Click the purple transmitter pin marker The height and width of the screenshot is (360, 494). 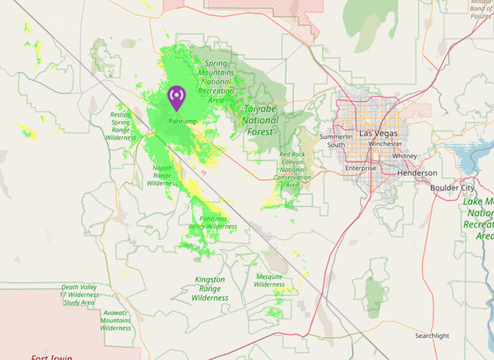pyautogui.click(x=177, y=97)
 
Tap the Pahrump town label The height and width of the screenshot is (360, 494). pyautogui.click(x=183, y=121)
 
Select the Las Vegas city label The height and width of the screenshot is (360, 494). pyautogui.click(x=378, y=133)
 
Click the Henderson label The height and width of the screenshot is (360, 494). pyautogui.click(x=417, y=173)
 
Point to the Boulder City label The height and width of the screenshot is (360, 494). pyautogui.click(x=452, y=188)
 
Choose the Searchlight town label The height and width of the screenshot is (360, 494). pyautogui.click(x=432, y=336)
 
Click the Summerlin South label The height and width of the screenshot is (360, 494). pyautogui.click(x=336, y=140)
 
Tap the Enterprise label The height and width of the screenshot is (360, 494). pyautogui.click(x=360, y=168)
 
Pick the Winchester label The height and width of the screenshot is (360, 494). pyautogui.click(x=385, y=144)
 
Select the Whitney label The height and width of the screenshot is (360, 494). pyautogui.click(x=404, y=156)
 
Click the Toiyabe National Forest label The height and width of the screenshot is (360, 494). pyautogui.click(x=260, y=120)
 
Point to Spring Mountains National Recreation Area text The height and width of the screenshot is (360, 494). pyautogui.click(x=216, y=81)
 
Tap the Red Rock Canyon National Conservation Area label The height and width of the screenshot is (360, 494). pyautogui.click(x=292, y=169)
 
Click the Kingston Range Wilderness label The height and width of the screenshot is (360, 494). pyautogui.click(x=210, y=289)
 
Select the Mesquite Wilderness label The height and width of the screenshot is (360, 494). pyautogui.click(x=269, y=280)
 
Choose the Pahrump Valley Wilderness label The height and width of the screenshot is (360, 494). pyautogui.click(x=213, y=223)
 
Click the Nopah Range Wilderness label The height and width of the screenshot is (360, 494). pyautogui.click(x=162, y=175)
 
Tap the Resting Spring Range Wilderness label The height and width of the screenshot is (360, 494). pyautogui.click(x=120, y=126)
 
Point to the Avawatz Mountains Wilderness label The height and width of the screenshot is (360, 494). pyautogui.click(x=115, y=320)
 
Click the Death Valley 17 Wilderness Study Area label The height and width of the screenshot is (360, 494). pyautogui.click(x=79, y=295)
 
